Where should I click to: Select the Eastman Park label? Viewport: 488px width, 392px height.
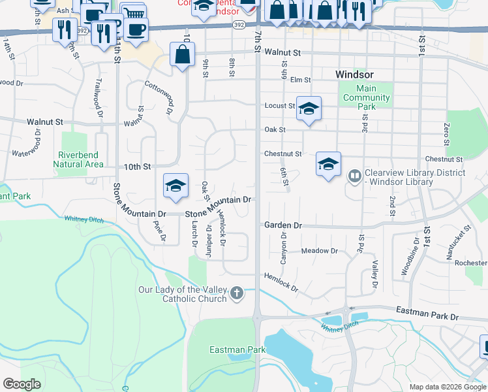[237, 350]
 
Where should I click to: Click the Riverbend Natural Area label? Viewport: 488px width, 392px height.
[80, 159]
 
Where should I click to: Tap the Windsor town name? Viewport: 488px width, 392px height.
[354, 74]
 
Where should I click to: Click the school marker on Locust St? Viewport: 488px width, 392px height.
[309, 107]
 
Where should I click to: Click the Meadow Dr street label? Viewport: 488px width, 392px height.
[319, 251]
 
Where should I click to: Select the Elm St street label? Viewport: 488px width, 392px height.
[300, 80]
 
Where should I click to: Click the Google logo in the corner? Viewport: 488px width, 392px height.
[22, 384]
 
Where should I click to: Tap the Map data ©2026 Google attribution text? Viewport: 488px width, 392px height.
[447, 387]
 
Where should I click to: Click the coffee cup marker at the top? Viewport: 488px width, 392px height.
[136, 30]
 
